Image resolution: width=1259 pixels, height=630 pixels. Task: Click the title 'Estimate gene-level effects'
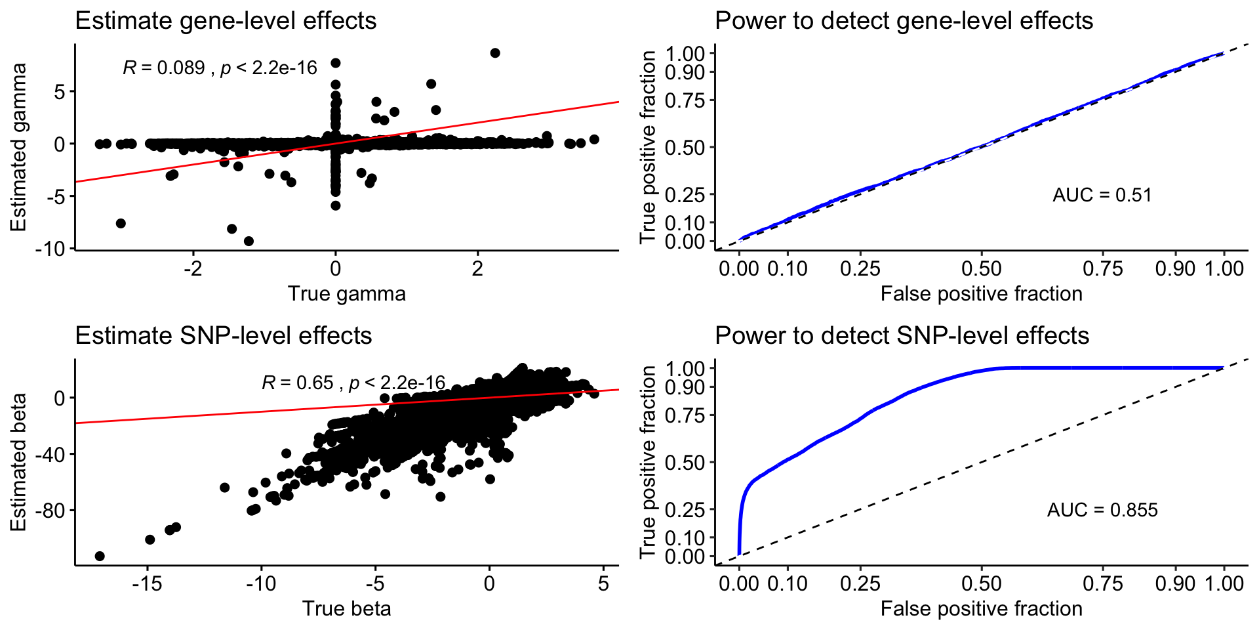click(x=226, y=21)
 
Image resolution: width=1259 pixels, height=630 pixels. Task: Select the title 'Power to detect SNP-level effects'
click(x=902, y=336)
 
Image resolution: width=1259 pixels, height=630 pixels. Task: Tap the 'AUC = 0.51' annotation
click(x=1102, y=195)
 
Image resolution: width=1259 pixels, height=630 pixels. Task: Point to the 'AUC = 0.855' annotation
click(x=1102, y=510)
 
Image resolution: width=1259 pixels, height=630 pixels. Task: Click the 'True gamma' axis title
click(x=346, y=293)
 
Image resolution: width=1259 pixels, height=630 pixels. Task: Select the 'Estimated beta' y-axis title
click(x=18, y=462)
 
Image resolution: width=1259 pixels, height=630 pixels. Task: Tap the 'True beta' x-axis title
click(x=346, y=608)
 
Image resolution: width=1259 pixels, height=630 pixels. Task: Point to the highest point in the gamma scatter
click(x=495, y=53)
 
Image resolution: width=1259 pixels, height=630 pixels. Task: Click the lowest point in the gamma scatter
click(x=249, y=241)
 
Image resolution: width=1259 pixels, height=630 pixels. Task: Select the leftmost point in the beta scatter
click(x=100, y=556)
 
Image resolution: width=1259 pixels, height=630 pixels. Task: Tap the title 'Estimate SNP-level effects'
click(x=224, y=336)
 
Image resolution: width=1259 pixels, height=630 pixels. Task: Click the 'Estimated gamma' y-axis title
click(x=18, y=147)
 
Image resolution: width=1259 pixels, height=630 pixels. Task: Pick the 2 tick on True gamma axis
click(x=477, y=268)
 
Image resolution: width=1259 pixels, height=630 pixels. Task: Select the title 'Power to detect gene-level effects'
click(x=904, y=21)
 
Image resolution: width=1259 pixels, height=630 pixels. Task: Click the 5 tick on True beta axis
click(x=603, y=583)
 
